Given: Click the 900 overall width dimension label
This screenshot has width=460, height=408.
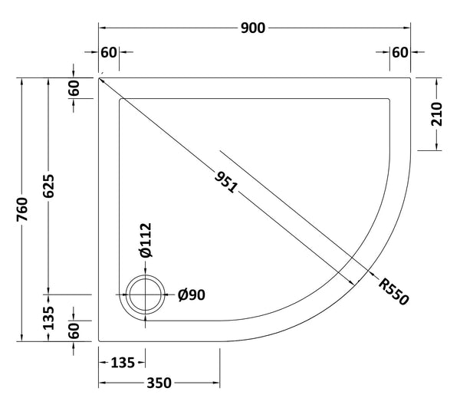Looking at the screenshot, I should [x=254, y=28].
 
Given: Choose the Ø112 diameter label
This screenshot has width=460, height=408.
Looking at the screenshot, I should [x=146, y=239].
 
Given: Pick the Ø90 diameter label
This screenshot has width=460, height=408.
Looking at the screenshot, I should [x=191, y=295].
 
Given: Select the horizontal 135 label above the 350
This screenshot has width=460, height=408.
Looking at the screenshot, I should [x=123, y=361].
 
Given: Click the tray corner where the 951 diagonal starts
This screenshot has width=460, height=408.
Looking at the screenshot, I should [x=100, y=77].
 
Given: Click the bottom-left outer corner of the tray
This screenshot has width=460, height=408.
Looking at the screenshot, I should [x=100, y=341].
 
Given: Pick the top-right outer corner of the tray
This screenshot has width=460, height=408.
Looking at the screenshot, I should [x=412, y=77].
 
